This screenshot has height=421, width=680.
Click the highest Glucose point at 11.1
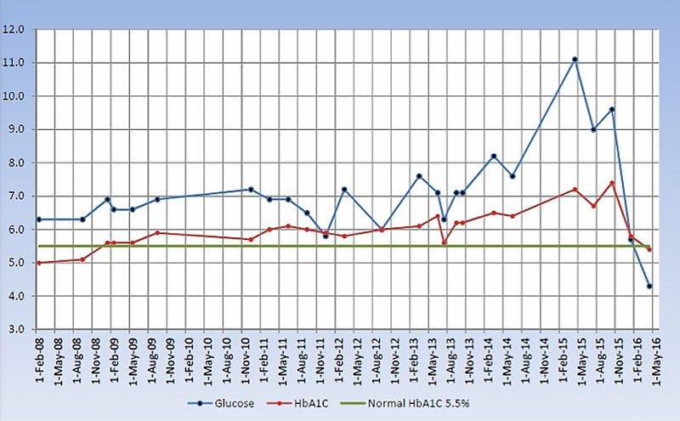(x=575, y=60)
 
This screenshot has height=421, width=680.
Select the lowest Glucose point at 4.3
(x=650, y=286)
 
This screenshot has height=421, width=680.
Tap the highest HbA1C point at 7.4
(x=612, y=183)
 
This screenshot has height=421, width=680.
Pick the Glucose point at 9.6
(x=612, y=110)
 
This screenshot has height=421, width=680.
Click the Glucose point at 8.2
(x=494, y=156)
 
